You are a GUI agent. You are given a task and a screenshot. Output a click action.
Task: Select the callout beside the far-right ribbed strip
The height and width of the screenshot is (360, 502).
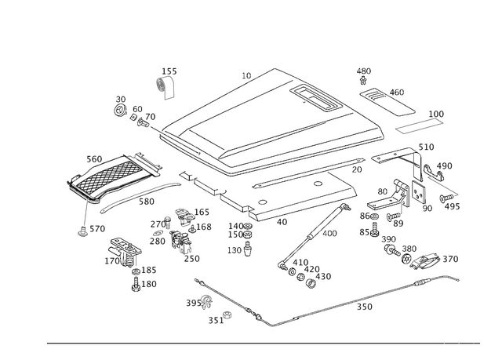(x=437, y=113)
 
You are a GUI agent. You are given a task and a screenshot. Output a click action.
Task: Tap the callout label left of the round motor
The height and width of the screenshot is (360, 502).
(x=191, y=301)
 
